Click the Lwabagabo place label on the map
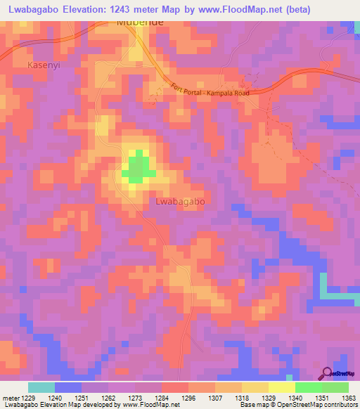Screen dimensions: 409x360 (179, 201)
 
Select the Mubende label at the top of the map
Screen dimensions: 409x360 (138, 23)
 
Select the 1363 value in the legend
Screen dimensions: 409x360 (348, 397)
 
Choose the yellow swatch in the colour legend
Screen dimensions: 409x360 (281, 387)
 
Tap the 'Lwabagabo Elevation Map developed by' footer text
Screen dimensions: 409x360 (60, 405)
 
